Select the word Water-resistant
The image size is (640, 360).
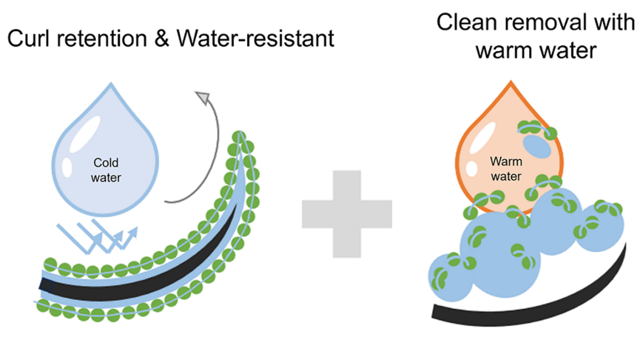click(x=255, y=40)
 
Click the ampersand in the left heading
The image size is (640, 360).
click(x=164, y=40)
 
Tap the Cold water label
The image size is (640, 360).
click(x=106, y=171)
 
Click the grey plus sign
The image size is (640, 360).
click(x=346, y=214)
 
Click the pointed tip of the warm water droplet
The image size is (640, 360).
click(x=510, y=83)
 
